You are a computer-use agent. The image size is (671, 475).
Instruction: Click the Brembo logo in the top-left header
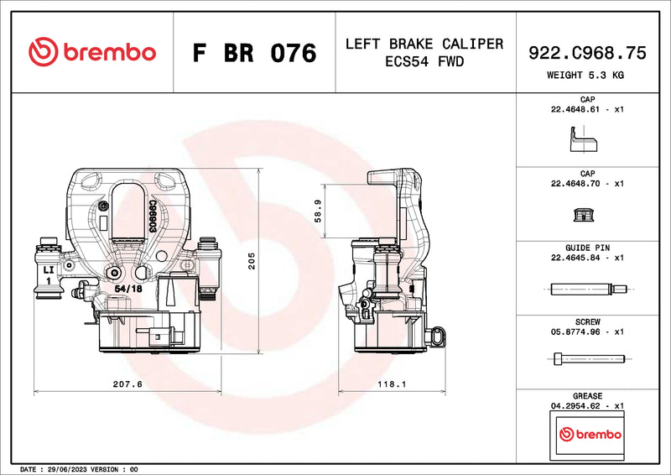click(x=91, y=52)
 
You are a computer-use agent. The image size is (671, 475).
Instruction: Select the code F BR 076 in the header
click(x=254, y=53)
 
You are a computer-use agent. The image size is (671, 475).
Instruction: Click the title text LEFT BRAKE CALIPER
click(x=424, y=44)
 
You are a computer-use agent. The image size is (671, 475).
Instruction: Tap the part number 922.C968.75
click(x=587, y=53)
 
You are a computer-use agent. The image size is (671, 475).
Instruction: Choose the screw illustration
click(x=587, y=360)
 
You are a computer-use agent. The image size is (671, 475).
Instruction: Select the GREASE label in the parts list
click(x=587, y=395)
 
